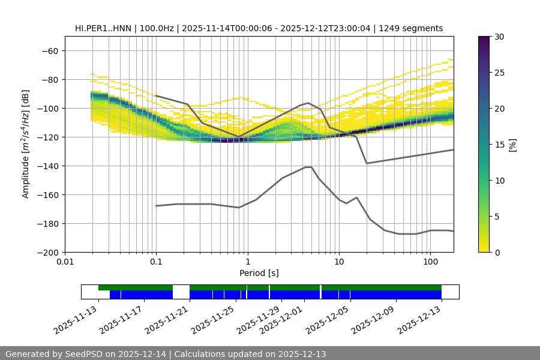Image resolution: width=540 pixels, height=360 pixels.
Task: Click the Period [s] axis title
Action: [x=259, y=273]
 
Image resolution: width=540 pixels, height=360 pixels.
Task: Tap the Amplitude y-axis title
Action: [x=26, y=144]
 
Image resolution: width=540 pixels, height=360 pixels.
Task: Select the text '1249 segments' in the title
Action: [x=413, y=28]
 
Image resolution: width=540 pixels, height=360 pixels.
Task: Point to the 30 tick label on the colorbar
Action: [x=499, y=37]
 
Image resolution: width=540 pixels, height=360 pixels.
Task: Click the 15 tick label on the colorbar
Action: [x=499, y=145]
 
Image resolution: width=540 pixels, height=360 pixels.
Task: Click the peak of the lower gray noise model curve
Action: [x=308, y=167]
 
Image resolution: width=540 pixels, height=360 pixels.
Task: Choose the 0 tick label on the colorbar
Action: [x=496, y=253]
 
